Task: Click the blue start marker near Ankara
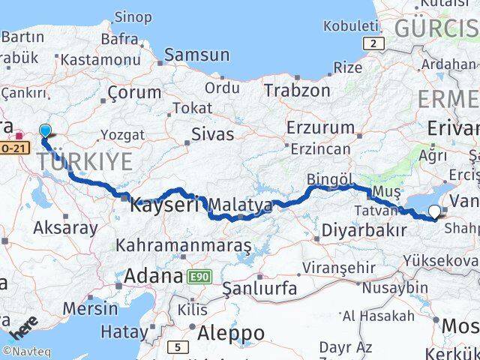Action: pos(45,130)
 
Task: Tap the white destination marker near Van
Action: pos(434,212)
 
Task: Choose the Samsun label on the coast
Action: pos(196,54)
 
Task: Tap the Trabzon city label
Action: pos(296,90)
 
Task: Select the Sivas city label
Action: pos(213,135)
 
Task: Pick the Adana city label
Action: pos(154,275)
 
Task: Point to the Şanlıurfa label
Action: pos(259,288)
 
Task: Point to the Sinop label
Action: pos(133,16)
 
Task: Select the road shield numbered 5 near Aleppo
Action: pos(178,346)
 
